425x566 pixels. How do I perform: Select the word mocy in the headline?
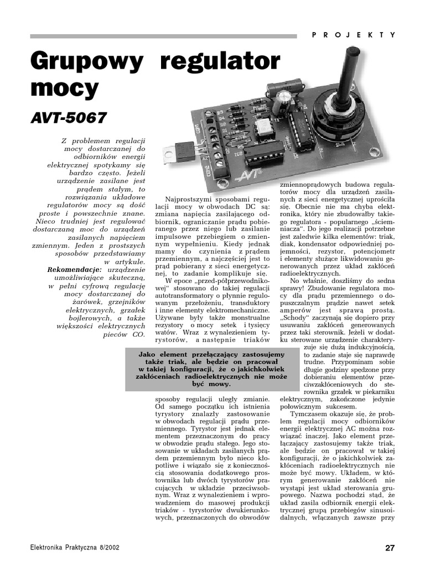(64, 88)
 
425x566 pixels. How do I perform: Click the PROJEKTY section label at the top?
(354, 34)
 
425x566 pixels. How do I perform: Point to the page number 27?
(390, 548)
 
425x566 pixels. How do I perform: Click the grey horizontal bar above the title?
(166, 36)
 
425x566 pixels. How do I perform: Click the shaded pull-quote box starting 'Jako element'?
(211, 368)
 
